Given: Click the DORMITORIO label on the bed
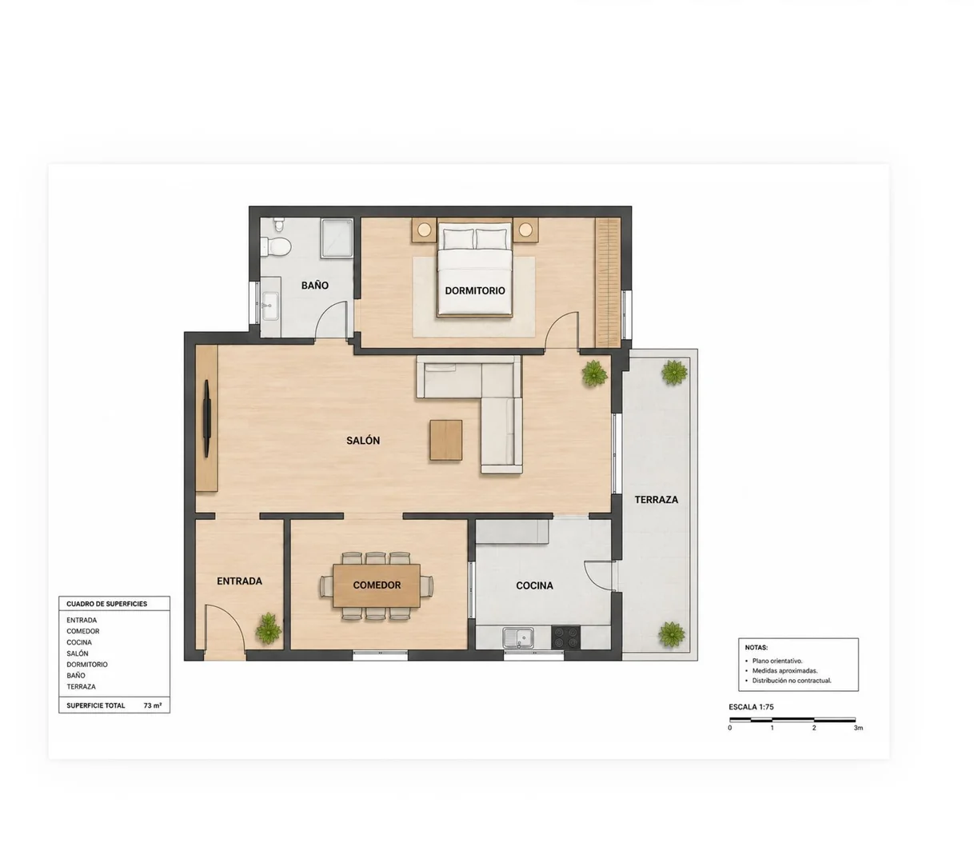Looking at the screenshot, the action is click(474, 290).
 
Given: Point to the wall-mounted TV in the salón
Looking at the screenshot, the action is click(207, 418).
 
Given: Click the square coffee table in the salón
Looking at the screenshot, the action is click(445, 440).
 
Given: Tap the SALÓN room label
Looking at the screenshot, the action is click(363, 441).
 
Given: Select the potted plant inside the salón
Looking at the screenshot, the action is click(594, 373).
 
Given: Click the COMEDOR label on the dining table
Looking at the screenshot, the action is click(377, 585).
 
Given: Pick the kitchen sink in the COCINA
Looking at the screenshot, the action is click(517, 637).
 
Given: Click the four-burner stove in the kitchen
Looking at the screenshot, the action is click(566, 637).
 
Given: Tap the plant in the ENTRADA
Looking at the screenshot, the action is click(268, 628).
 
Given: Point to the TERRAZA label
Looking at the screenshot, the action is click(657, 500).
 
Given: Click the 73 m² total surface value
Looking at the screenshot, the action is click(153, 705).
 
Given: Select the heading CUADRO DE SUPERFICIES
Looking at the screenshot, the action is click(106, 604).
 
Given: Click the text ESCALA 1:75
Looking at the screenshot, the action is click(751, 707).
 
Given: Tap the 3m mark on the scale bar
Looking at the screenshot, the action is click(858, 728).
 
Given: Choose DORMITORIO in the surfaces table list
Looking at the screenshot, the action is click(87, 665).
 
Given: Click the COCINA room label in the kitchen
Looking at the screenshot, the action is click(534, 585).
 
